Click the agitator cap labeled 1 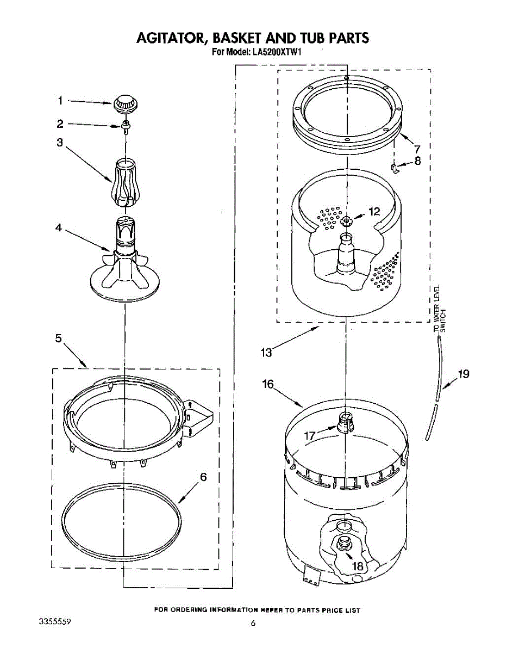[124, 102]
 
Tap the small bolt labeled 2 [125, 127]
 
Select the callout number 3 [60, 143]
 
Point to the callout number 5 [59, 338]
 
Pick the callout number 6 [203, 477]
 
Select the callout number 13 [266, 353]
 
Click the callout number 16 [268, 384]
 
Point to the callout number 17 [310, 435]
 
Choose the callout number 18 [357, 566]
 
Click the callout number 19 [463, 374]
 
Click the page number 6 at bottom [253, 624]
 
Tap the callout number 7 [417, 149]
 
